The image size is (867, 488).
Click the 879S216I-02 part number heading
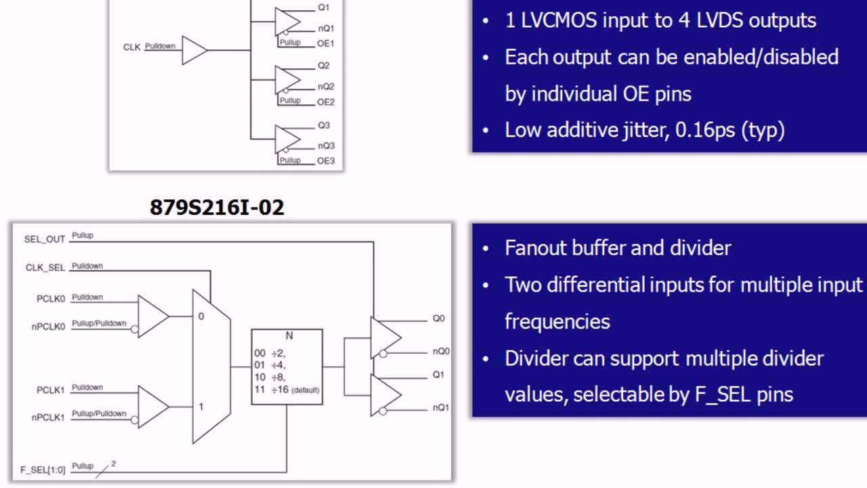(x=217, y=207)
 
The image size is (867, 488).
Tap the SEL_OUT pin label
(x=45, y=239)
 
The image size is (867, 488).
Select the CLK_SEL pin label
(x=45, y=268)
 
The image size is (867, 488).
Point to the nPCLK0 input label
(x=48, y=326)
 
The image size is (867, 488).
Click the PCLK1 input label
(x=51, y=390)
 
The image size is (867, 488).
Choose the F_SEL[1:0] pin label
(x=43, y=469)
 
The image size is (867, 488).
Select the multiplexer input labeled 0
(x=200, y=317)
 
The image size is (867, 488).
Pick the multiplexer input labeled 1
(x=200, y=407)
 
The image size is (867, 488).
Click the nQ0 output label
(x=442, y=351)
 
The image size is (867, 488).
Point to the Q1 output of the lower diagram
(x=438, y=374)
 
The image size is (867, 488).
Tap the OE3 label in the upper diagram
(x=326, y=161)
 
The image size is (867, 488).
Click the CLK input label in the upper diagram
(x=131, y=47)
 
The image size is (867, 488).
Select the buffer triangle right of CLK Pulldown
(x=193, y=51)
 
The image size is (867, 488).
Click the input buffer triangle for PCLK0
(x=152, y=316)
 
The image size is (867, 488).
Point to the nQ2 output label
(x=326, y=87)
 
